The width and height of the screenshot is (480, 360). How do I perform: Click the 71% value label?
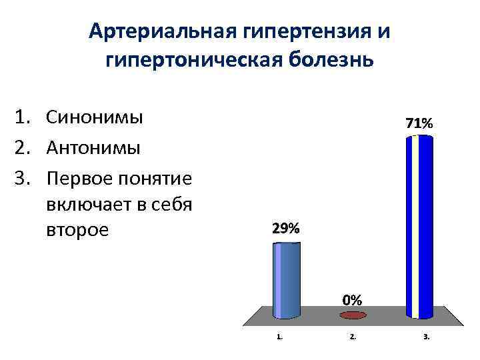coord(419,123)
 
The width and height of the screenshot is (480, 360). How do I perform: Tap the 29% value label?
coord(286,229)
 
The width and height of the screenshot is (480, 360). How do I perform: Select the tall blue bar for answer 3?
coord(419,227)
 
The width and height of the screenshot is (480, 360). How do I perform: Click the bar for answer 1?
coord(288,281)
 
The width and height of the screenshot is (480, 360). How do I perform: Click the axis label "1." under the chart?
coord(280,337)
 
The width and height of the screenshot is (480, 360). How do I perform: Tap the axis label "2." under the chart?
coord(353,337)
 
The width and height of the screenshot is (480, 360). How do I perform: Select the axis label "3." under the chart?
coord(426,337)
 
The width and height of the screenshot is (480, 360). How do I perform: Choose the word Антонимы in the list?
coord(93,147)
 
